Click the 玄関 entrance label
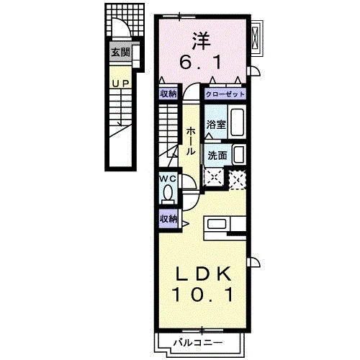[121, 52]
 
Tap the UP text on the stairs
[121, 84]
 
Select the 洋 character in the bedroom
[201, 41]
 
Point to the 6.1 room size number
[201, 63]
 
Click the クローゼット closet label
[225, 94]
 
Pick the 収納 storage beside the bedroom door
[168, 94]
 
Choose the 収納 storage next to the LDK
[168, 219]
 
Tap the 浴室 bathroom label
[216, 125]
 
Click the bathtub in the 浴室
[237, 122]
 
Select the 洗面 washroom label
[217, 156]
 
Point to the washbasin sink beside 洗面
[239, 154]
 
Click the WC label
[168, 179]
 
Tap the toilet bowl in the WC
[168, 193]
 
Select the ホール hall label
[191, 141]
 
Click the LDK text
[204, 274]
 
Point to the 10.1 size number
[202, 294]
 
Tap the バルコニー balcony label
[198, 343]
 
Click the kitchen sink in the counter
[217, 224]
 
